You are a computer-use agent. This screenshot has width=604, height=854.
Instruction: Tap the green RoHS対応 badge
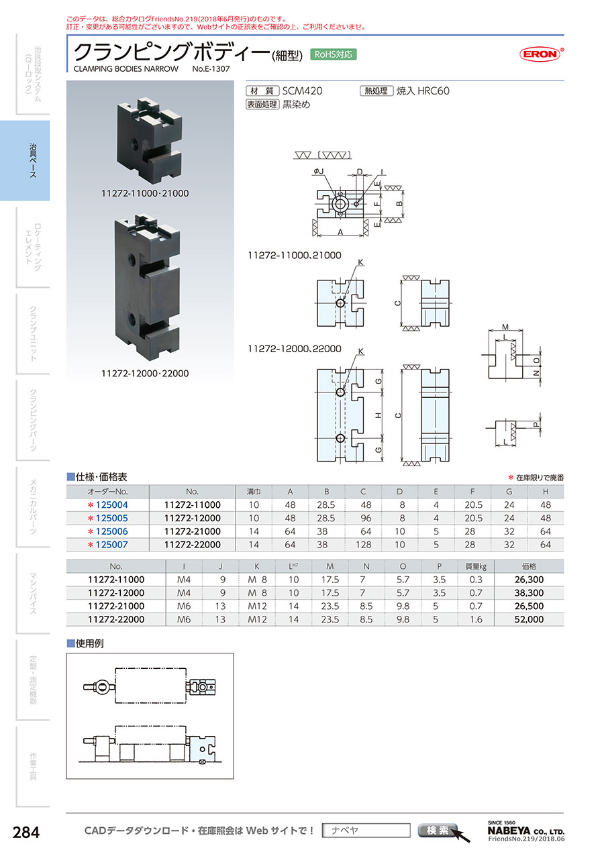pos(334,54)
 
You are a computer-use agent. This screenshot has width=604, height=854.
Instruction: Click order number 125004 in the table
pos(107,504)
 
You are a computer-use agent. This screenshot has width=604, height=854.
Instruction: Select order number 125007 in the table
pos(107,545)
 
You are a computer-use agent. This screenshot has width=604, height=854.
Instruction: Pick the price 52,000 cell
pos(529,620)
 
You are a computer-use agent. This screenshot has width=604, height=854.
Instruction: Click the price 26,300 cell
pos(529,580)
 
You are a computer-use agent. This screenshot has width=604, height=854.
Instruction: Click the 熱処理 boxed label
pos(376,91)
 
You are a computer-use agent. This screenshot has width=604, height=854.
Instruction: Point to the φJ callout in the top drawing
pos(317,171)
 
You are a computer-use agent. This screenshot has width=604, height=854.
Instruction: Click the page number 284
pos(27,833)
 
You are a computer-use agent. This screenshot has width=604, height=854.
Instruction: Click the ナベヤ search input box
pos(366,831)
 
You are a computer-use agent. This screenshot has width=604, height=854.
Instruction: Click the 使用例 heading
pos(90,643)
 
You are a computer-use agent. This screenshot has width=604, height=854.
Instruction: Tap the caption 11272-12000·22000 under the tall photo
pos(145,373)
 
